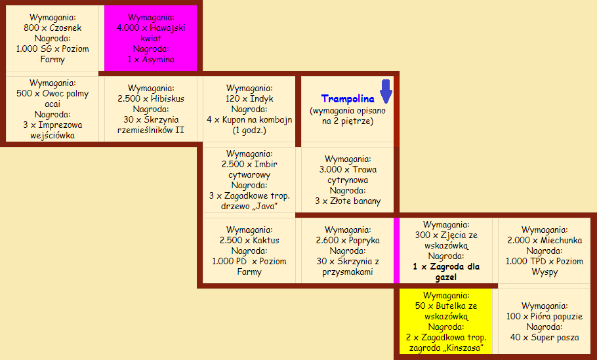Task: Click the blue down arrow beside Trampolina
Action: [x=386, y=91]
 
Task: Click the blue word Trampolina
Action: [x=348, y=99]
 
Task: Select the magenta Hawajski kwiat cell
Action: [x=151, y=38]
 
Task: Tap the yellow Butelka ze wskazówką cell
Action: [x=446, y=321]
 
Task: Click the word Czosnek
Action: [x=65, y=28]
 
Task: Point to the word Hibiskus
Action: [x=167, y=98]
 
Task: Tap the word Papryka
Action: [x=365, y=241]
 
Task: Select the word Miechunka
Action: [x=561, y=241]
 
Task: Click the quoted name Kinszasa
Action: [x=464, y=348]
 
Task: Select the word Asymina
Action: [x=158, y=60]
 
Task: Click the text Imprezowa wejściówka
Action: [x=52, y=130]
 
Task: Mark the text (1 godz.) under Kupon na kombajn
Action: [x=249, y=130]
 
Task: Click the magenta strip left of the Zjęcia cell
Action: [x=396, y=250]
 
